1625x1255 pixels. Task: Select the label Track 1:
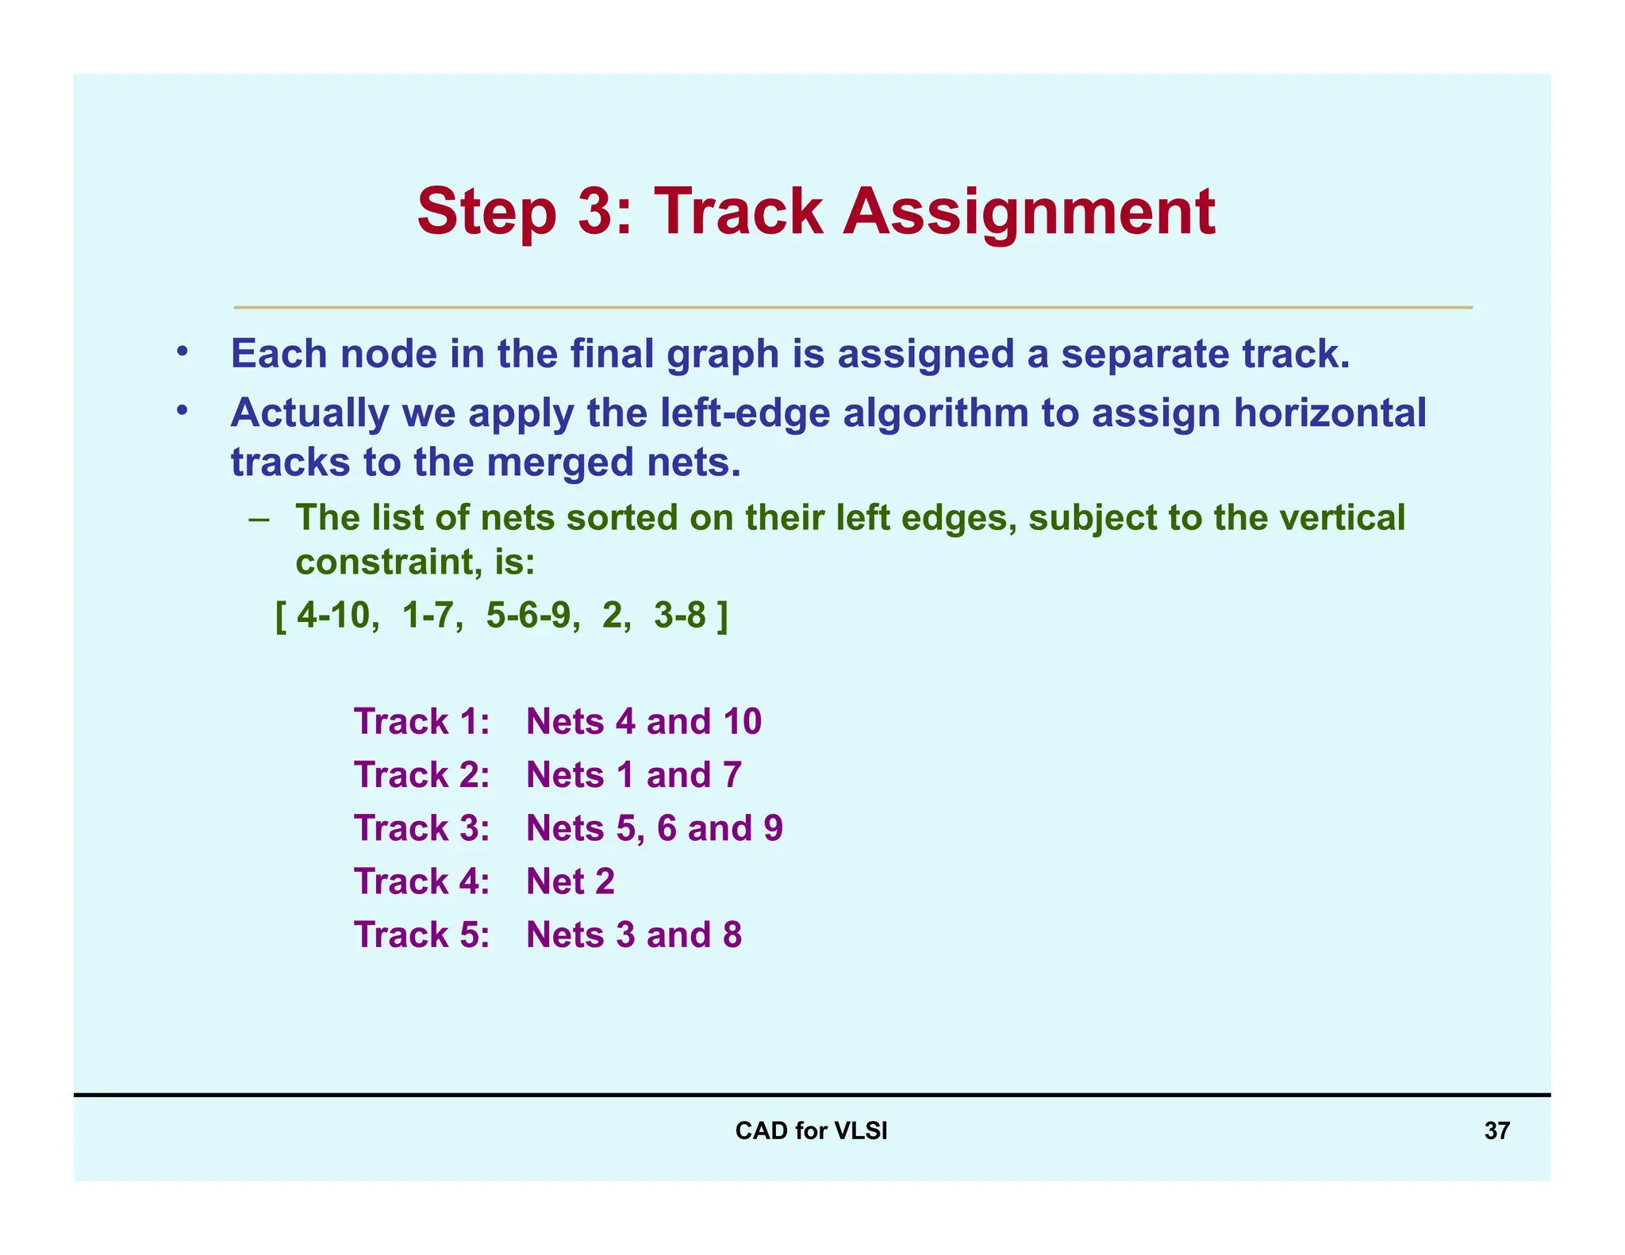point(421,722)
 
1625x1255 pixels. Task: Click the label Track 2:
point(421,775)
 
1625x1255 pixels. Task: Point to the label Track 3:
point(421,828)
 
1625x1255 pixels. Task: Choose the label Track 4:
point(421,881)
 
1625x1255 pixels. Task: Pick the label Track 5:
point(421,935)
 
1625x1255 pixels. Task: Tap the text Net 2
point(570,881)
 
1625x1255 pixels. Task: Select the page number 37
point(1496,1130)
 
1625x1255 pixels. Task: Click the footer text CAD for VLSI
point(811,1130)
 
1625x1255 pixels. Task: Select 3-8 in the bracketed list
point(680,616)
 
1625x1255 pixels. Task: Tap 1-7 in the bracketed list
point(432,616)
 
